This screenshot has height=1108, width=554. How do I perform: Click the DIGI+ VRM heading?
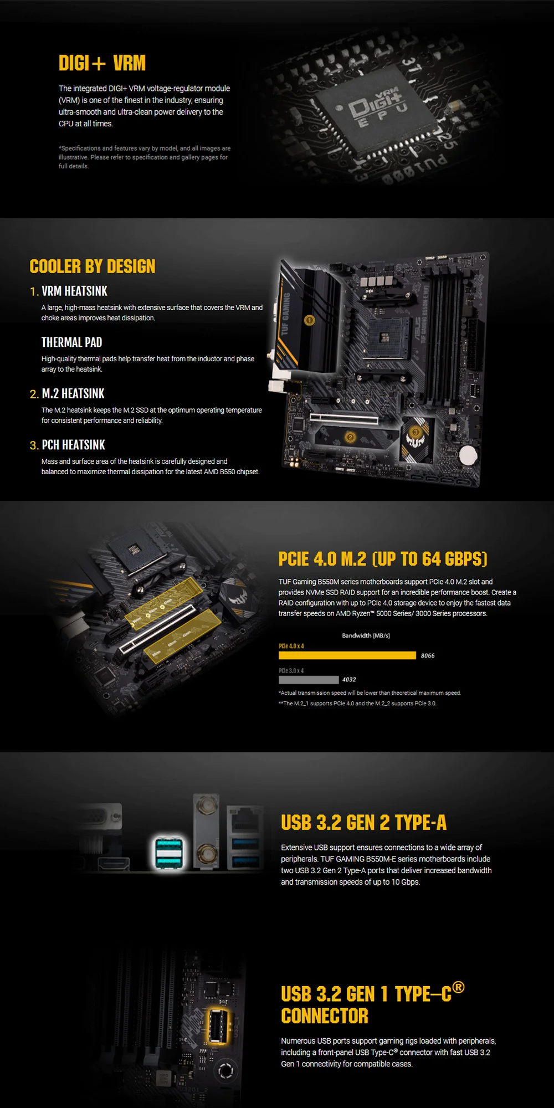click(x=102, y=63)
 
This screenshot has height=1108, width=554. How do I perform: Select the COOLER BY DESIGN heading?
click(x=93, y=266)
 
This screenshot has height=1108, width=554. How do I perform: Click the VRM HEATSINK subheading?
click(x=74, y=291)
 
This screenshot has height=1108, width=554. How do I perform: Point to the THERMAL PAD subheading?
click(x=71, y=342)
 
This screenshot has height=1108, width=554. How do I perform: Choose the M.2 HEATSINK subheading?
click(x=73, y=394)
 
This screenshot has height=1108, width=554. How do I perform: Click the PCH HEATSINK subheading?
click(x=73, y=445)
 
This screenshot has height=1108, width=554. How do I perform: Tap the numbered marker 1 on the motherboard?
click(x=310, y=320)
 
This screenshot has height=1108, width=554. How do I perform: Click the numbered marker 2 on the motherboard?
click(x=350, y=437)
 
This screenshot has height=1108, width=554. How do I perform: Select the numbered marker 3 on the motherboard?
click(x=416, y=432)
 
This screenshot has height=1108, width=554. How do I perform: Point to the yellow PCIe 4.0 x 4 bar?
click(x=347, y=655)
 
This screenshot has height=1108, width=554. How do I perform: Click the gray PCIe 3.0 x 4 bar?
click(x=309, y=680)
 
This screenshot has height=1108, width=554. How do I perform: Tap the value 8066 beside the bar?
click(x=428, y=656)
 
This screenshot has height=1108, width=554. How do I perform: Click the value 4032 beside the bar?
click(x=349, y=680)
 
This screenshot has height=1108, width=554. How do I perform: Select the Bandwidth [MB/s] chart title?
click(x=366, y=635)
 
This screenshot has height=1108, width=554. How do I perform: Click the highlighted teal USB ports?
click(x=168, y=853)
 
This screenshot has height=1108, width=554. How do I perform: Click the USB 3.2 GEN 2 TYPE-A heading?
click(x=363, y=823)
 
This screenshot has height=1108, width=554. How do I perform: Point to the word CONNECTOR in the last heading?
click(x=325, y=1016)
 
